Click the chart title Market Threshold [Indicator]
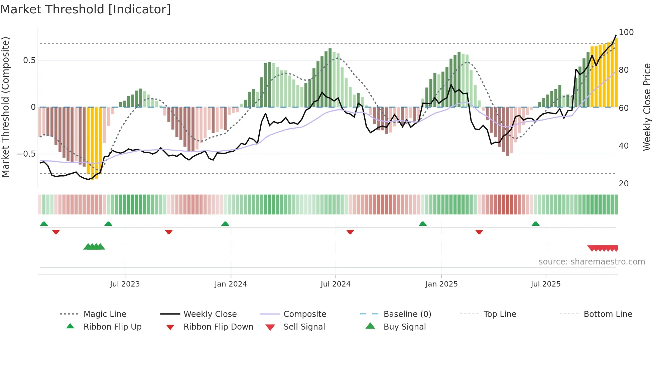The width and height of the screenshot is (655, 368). [x=86, y=9]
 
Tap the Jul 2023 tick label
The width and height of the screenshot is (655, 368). [x=125, y=284]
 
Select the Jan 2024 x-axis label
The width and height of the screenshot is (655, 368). [x=231, y=284]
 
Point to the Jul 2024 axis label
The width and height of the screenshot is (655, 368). [x=336, y=284]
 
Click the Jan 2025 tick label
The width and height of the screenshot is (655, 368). [x=441, y=284]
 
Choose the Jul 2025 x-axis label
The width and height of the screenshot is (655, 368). [x=546, y=284]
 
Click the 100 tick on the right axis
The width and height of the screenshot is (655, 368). [x=626, y=32]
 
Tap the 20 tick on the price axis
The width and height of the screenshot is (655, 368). [x=624, y=184]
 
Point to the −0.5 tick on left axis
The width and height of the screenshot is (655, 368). [x=26, y=154]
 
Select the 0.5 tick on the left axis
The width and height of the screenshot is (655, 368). [x=29, y=60]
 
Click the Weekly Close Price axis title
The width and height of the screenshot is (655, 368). [x=647, y=107]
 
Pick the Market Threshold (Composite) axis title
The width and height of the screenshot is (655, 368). [x=5, y=107]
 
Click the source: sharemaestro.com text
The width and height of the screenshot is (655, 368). [x=592, y=262]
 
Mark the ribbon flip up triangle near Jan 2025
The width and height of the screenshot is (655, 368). [x=423, y=224]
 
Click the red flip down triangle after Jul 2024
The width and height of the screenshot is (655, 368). [x=350, y=232]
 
